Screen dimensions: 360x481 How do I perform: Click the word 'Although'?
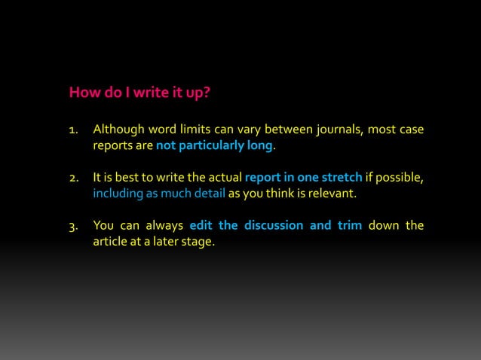[117, 130]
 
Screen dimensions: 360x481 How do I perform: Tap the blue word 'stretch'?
[342, 178]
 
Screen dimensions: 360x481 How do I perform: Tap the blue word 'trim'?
[350, 226]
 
